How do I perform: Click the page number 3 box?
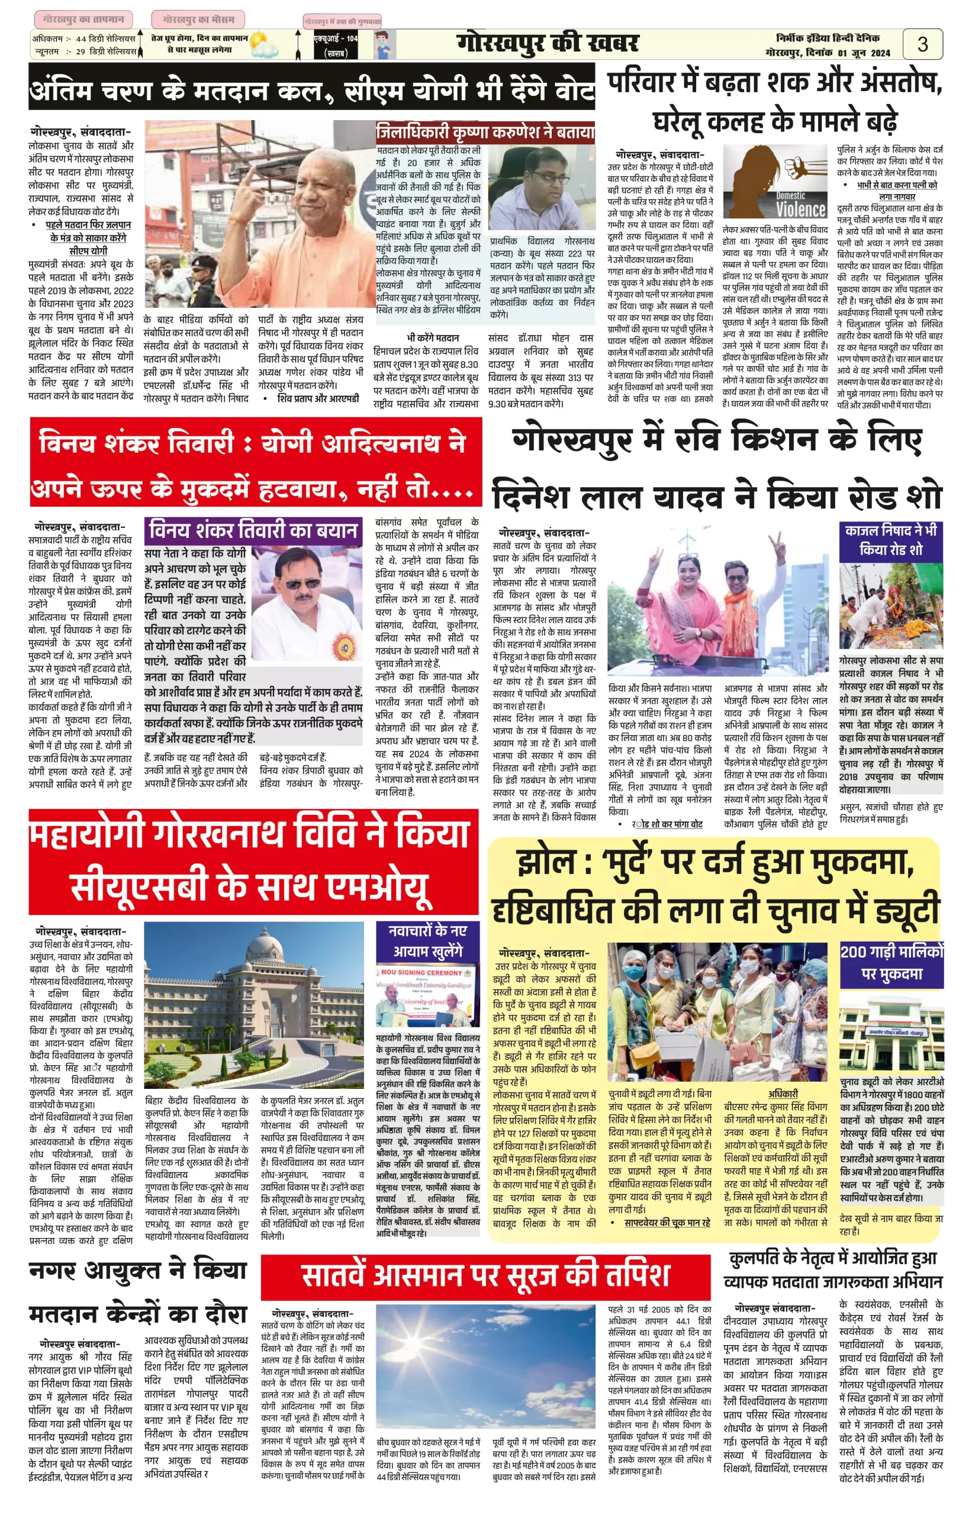click(x=922, y=44)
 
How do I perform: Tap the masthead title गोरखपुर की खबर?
click(x=547, y=44)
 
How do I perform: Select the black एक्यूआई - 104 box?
click(x=335, y=46)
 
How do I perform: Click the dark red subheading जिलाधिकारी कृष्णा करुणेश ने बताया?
click(x=485, y=132)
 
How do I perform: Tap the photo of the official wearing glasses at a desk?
click(x=542, y=188)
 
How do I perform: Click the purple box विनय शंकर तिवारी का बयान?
click(x=254, y=531)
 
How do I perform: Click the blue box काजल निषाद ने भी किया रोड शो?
click(x=890, y=541)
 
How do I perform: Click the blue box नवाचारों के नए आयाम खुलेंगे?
click(x=427, y=941)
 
